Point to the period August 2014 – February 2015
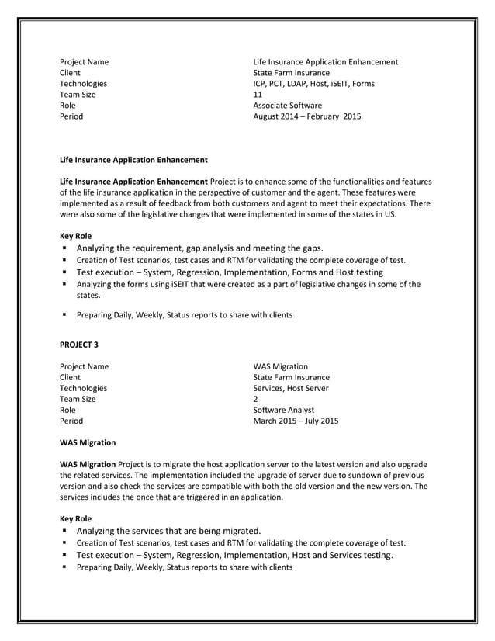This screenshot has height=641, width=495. (x=306, y=117)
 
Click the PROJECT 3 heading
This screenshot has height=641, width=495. (x=79, y=344)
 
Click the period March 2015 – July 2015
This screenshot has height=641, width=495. (x=296, y=422)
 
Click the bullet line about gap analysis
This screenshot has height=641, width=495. (x=199, y=248)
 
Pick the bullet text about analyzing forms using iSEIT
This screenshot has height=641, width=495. (x=248, y=284)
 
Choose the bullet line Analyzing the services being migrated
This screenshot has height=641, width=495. (x=168, y=530)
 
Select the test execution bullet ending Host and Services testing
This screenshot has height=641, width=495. (x=235, y=555)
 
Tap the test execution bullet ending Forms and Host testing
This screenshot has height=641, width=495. (x=230, y=272)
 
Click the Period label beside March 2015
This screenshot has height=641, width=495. (x=71, y=422)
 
